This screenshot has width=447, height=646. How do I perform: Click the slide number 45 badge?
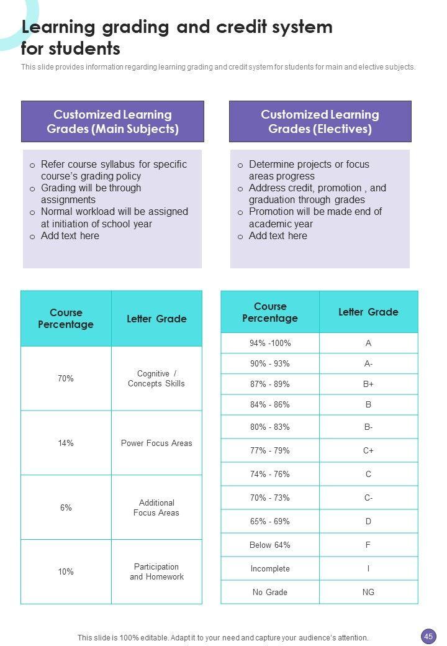coord(428,636)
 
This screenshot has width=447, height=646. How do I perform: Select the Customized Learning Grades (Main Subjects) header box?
coord(112,122)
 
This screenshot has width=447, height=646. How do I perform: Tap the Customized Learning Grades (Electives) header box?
coord(320,122)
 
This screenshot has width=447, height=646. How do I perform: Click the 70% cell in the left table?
coord(66,378)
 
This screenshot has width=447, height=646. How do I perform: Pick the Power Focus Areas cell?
coord(156,443)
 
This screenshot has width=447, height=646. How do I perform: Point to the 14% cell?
coord(66,443)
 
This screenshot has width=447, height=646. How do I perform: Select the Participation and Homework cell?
coord(156,571)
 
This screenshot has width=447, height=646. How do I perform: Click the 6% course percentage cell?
coord(66,507)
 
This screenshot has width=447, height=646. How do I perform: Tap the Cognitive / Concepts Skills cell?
coord(156,378)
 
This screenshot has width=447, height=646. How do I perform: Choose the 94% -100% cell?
coord(270,343)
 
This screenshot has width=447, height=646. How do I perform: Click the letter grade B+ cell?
coord(368,384)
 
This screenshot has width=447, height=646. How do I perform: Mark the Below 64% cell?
coord(270,545)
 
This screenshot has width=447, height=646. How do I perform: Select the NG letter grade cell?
coord(368,592)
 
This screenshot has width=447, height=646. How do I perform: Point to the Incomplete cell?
coord(270,568)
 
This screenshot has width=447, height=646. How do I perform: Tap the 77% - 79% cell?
coord(270,450)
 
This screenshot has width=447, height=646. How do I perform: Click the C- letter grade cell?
coord(368,498)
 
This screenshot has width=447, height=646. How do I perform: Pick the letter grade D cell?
coord(368,521)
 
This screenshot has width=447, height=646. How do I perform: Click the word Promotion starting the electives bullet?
coord(270,212)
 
